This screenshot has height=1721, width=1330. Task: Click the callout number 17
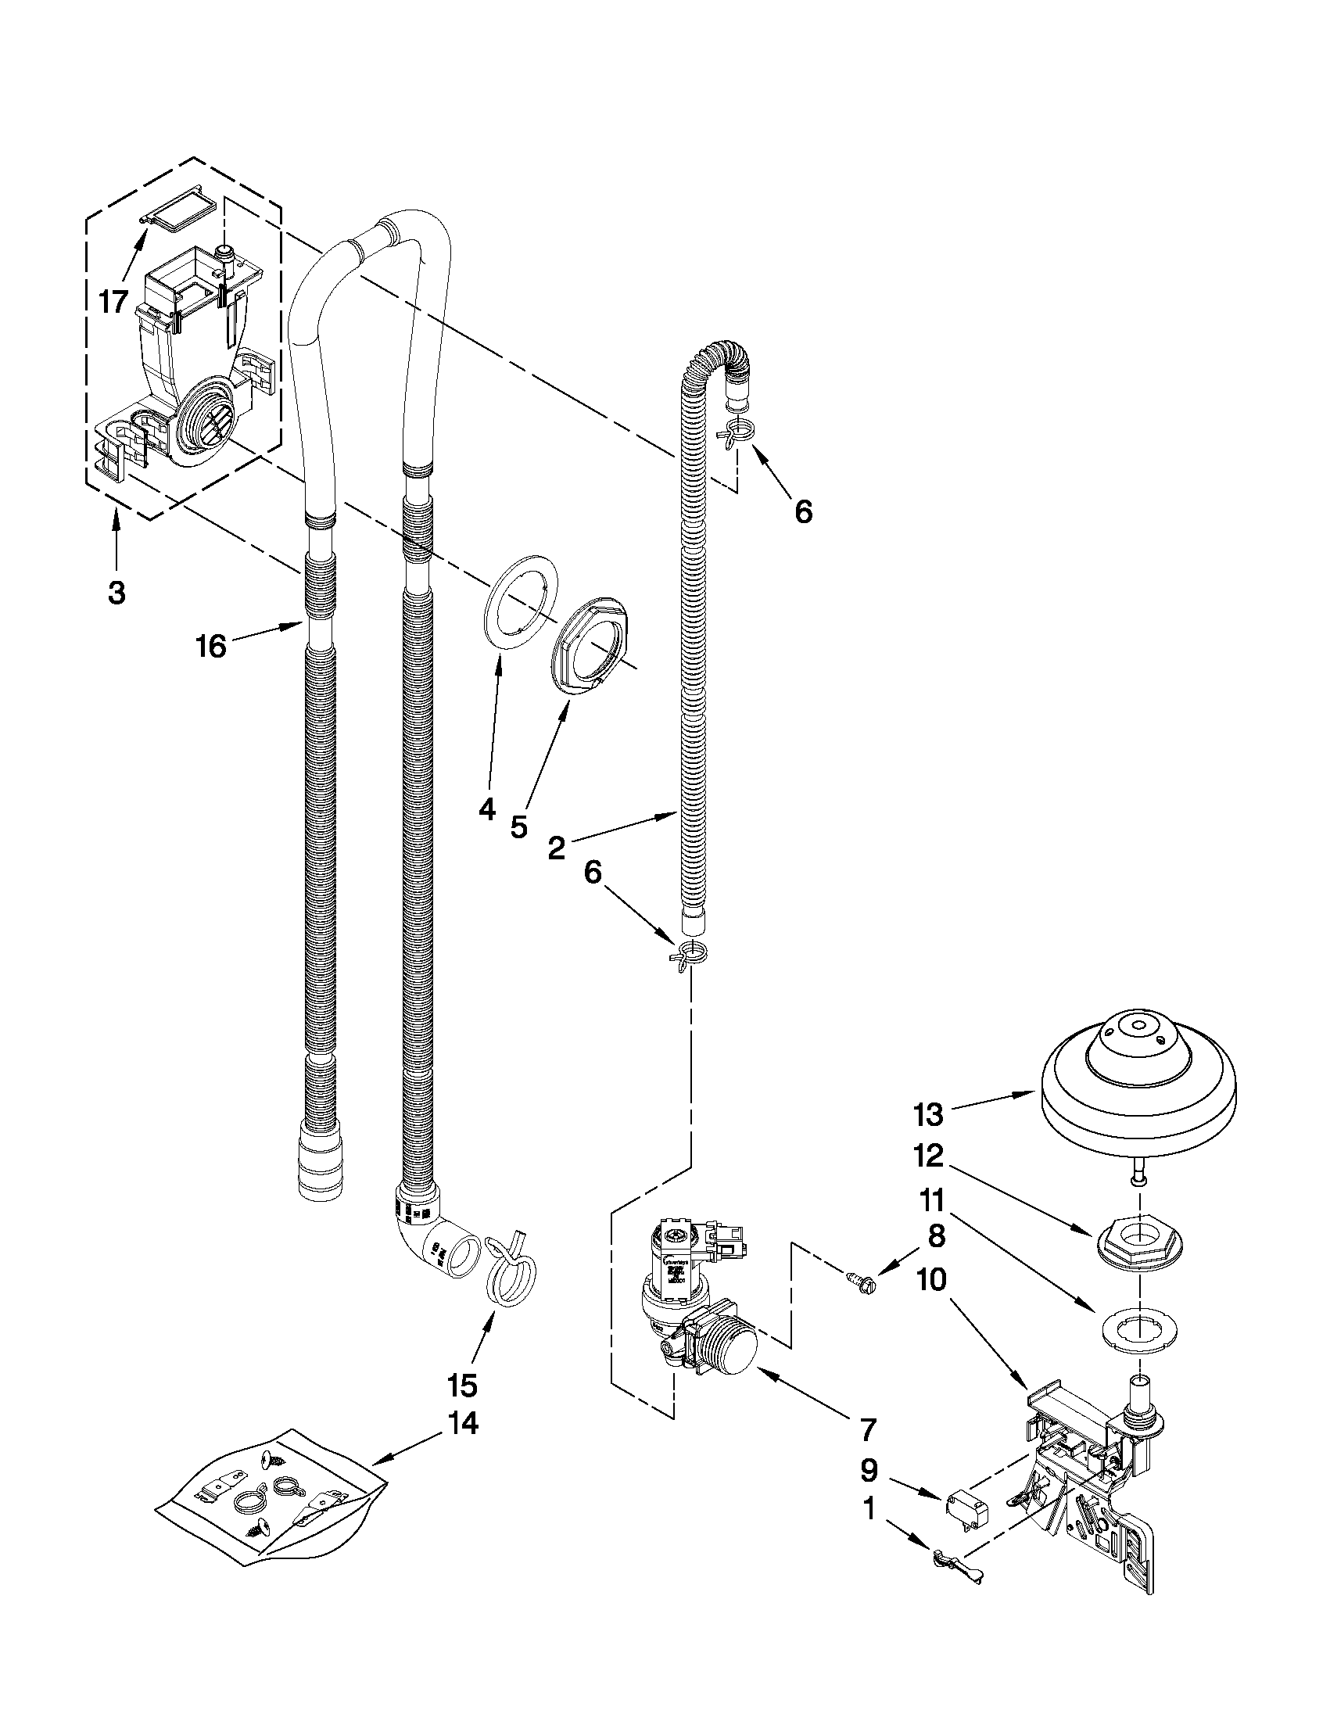113,300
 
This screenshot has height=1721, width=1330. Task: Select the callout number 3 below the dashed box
117,593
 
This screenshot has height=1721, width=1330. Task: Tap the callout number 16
211,646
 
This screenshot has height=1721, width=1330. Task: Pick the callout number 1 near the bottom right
869,1509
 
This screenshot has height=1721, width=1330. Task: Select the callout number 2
556,848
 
